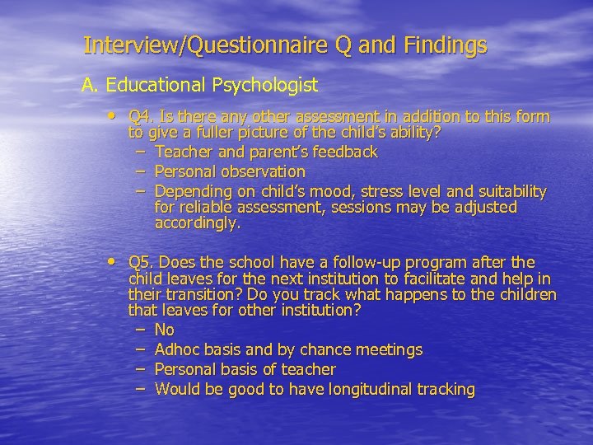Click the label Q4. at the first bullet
click(143, 117)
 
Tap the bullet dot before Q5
click(112, 260)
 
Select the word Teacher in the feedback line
click(181, 152)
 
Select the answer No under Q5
click(164, 330)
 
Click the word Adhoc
click(177, 349)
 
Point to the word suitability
click(510, 191)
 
